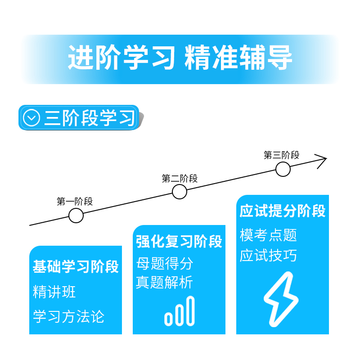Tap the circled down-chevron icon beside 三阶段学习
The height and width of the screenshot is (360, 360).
[31, 118]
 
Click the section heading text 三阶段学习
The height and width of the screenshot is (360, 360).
[89, 118]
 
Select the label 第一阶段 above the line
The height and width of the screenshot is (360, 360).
[75, 202]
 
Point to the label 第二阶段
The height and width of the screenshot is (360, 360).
[180, 179]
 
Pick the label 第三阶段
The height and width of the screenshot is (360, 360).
[281, 156]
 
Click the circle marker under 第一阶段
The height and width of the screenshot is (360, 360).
[76, 216]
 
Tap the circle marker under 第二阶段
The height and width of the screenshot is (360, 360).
[180, 192]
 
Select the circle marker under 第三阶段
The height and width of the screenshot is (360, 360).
[283, 169]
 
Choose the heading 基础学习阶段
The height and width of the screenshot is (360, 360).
[76, 266]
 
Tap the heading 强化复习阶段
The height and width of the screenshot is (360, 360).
[179, 242]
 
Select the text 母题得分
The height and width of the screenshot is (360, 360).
[164, 263]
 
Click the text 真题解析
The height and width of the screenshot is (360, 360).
[164, 283]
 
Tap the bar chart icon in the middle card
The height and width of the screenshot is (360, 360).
[180, 311]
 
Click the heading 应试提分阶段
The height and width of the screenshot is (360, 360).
[283, 211]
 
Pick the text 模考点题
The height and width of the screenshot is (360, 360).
[268, 235]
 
